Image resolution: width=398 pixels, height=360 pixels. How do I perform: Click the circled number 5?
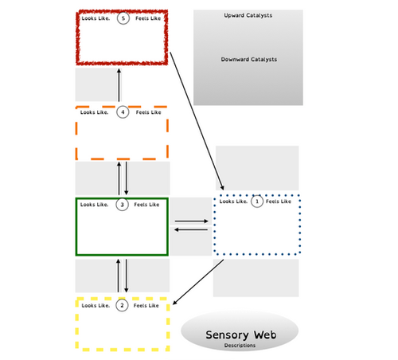123,18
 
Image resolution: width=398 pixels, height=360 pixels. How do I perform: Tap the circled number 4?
123,112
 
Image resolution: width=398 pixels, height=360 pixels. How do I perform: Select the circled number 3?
123,205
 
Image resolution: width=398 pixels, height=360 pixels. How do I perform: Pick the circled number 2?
123,305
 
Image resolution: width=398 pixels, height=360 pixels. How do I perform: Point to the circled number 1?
256,202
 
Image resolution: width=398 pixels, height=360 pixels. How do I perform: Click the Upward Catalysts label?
248,15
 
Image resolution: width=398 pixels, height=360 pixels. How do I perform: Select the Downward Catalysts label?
248,60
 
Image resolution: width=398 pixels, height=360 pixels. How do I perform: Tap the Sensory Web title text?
240,335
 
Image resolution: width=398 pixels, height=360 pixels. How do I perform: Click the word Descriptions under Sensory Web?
240,346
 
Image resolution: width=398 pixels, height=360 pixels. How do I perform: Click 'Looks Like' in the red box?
96,18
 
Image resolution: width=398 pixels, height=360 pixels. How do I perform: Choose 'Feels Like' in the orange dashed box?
148,112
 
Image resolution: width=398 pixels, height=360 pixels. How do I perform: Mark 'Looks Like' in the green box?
96,205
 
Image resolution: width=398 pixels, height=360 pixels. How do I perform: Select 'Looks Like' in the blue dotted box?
232,202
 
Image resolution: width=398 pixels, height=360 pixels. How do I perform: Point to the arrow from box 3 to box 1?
191,221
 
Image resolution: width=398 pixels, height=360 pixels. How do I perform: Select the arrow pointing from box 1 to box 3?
191,229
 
